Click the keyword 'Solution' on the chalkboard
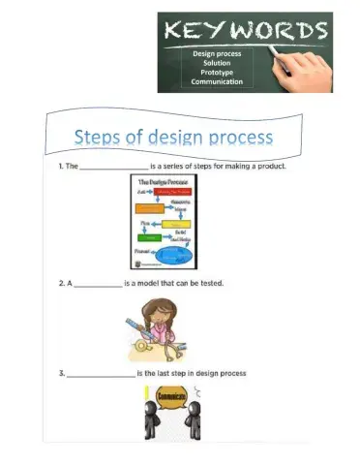pos(216,64)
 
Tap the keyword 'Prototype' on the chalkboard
pos(216,74)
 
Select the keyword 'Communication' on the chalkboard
pos(216,83)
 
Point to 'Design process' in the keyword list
pos(216,54)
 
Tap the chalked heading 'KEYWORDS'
pos(247,30)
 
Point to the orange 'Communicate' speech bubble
pos(168,397)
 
